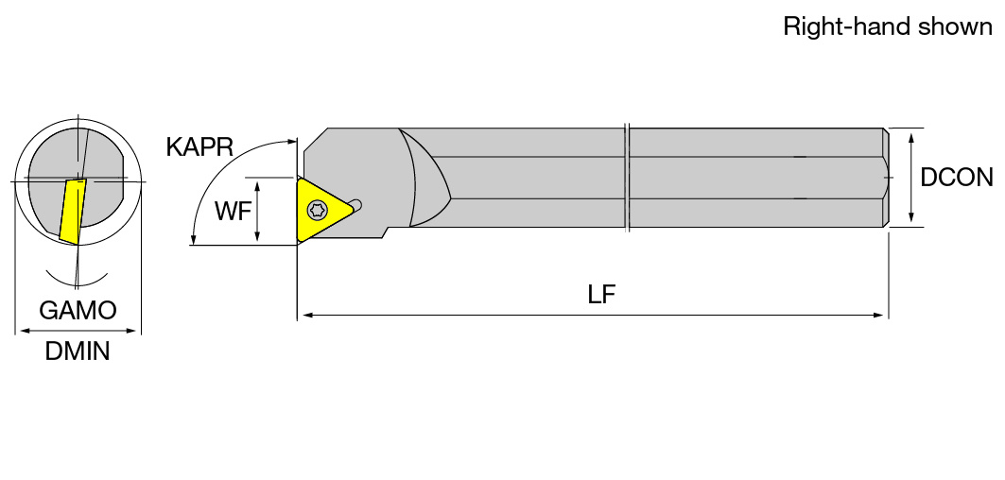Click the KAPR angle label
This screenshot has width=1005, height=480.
[199, 146]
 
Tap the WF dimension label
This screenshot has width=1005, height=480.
[233, 211]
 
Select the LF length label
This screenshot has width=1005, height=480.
[601, 294]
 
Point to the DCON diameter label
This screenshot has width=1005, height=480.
[956, 178]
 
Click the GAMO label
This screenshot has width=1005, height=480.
[78, 310]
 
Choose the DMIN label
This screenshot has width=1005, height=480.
[78, 351]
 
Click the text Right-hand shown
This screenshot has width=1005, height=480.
[888, 26]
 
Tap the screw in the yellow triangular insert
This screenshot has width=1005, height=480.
[316, 209]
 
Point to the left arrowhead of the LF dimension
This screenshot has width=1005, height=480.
[307, 316]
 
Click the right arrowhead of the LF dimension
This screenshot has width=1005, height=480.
[878, 316]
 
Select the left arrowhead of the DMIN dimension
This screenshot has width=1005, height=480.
[25, 332]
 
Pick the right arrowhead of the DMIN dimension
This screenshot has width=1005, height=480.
[131, 332]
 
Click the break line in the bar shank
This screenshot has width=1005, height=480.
[628, 177]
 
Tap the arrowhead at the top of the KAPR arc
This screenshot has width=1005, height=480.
[293, 141]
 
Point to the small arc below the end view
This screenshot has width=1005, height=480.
[77, 283]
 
